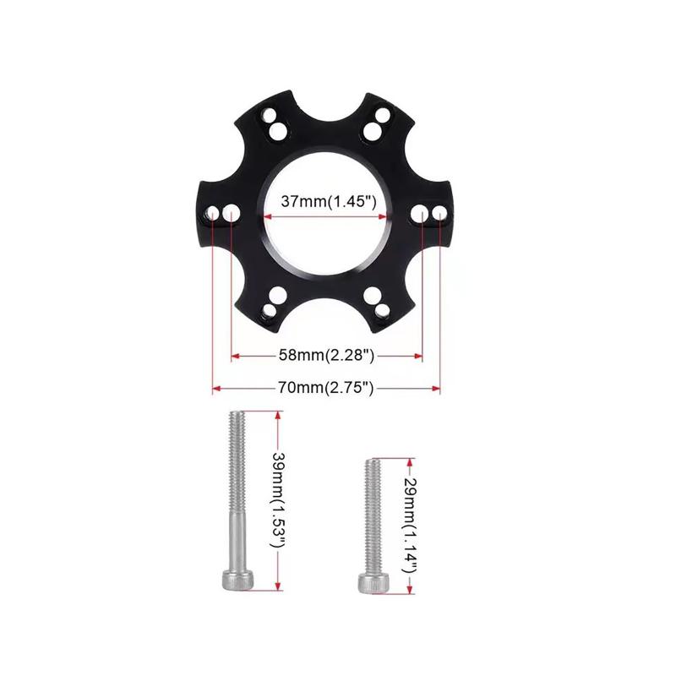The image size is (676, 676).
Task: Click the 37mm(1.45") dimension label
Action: click(329, 201)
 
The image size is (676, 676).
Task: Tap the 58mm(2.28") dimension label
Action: click(326, 355)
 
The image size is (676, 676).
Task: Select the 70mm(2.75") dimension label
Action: click(325, 388)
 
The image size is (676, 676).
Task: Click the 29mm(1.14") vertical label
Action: click(410, 526)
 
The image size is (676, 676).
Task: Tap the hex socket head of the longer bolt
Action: click(237, 579)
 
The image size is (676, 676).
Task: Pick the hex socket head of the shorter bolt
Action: click(373, 582)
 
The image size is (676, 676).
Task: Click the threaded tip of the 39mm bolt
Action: click(237, 415)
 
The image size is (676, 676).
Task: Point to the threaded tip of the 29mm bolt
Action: click(373, 463)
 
